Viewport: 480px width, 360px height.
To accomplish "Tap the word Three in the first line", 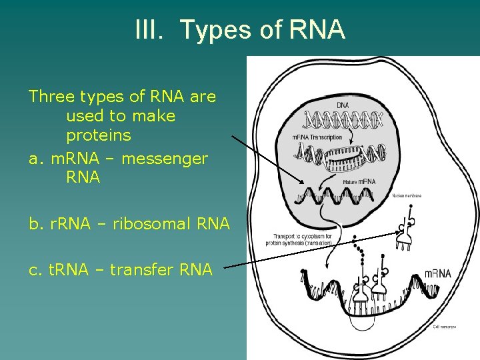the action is point(52,97).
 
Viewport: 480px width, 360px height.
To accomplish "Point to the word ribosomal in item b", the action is point(143,224).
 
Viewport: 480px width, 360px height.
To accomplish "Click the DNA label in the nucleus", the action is point(341,105).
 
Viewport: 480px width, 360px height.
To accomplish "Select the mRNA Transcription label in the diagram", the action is point(317,137).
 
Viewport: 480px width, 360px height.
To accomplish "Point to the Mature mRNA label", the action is point(359,181).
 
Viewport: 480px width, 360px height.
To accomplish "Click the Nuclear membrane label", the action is point(407,195).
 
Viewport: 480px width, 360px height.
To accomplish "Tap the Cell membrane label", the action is point(445,327).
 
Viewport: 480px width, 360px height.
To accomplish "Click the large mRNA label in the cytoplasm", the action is point(438,273).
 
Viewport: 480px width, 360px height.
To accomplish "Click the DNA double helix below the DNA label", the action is point(343,120).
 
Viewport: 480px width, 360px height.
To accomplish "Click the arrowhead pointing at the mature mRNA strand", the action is point(301,183).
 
